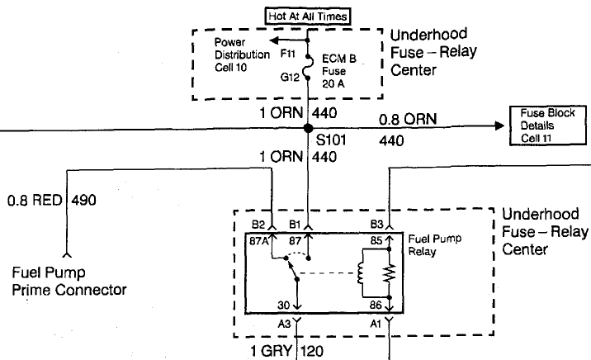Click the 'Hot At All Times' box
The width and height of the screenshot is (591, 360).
(307, 14)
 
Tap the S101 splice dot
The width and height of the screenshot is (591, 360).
(307, 127)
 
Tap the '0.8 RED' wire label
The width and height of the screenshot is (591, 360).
(36, 199)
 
